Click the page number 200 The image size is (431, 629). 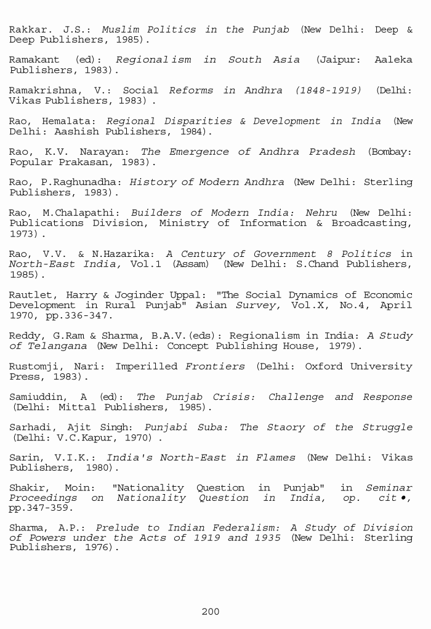pyautogui.click(x=211, y=612)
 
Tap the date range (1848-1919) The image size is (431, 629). pyautogui.click(x=328, y=90)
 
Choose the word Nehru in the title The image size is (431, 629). pyautogui.click(x=321, y=213)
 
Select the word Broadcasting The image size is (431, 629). pyautogui.click(x=371, y=223)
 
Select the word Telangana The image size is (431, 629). pyautogui.click(x=57, y=346)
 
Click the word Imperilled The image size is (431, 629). pyautogui.click(x=147, y=367)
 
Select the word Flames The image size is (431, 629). pyautogui.click(x=274, y=458)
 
